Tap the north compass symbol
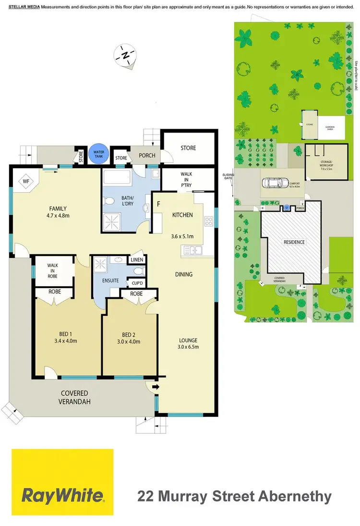click(126, 56)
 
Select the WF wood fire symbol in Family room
click(25, 182)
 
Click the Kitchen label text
click(182, 215)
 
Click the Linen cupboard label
click(136, 260)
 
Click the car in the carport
click(273, 183)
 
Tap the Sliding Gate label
click(227, 177)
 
